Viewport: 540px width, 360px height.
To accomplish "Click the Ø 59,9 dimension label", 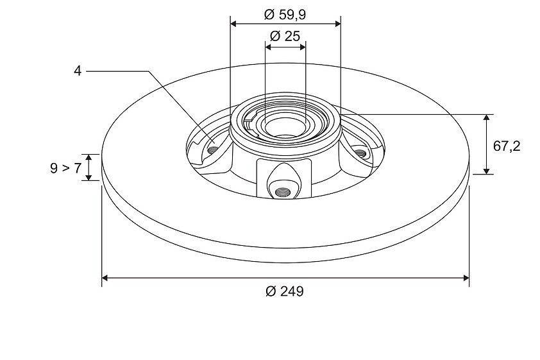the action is tap(285, 15).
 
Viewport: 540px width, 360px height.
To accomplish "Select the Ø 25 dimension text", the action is tap(285, 36).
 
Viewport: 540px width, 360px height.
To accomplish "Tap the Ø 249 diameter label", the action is tap(285, 291).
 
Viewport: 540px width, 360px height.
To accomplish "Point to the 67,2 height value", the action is tap(507, 146).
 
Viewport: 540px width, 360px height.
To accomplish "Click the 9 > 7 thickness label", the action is tap(66, 168).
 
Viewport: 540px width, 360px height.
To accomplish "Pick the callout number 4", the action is tap(78, 71).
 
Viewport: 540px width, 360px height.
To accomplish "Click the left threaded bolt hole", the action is tap(213, 150).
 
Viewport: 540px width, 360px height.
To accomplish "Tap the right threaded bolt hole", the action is tap(360, 153).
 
